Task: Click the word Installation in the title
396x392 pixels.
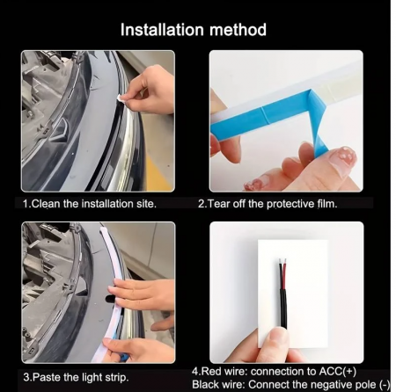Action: [x=162, y=30]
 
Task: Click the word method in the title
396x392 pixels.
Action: [x=238, y=30]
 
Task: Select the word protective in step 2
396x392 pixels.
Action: [x=290, y=204]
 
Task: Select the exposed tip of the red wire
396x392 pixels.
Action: [x=284, y=261]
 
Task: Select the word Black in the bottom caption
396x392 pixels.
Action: [x=204, y=384]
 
